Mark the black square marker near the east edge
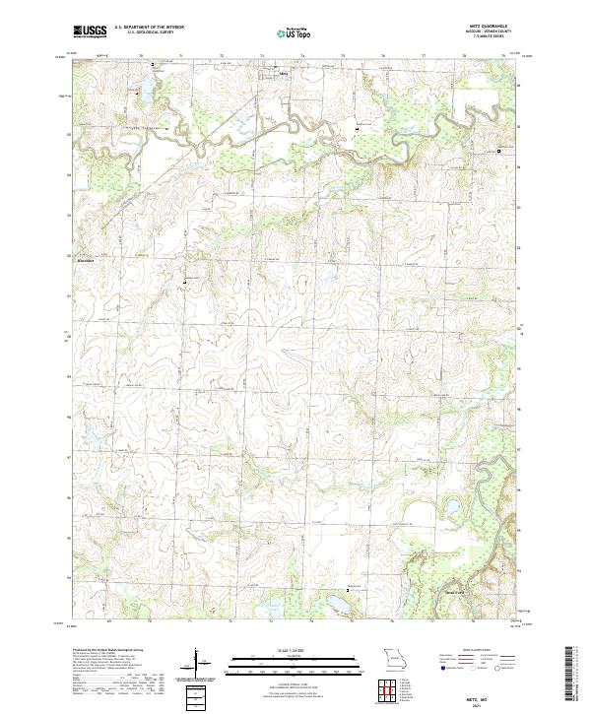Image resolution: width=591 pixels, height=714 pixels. point(498,151)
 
